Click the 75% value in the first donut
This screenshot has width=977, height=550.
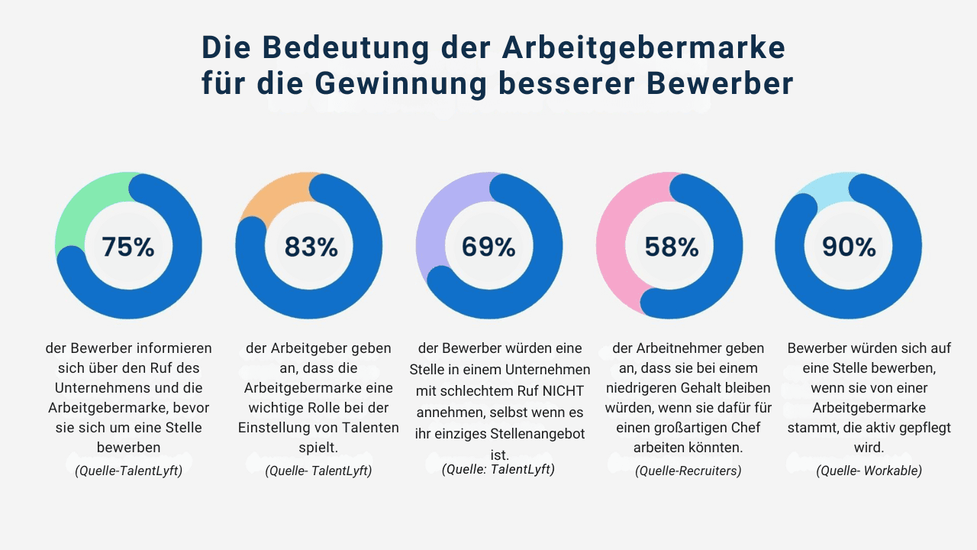pyautogui.click(x=128, y=247)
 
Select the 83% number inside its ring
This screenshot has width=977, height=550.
pyautogui.click(x=311, y=247)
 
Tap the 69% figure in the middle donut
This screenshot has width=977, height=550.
pyautogui.click(x=488, y=247)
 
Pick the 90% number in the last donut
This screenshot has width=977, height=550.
pyautogui.click(x=849, y=247)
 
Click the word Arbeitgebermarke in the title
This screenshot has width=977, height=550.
pyautogui.click(x=643, y=47)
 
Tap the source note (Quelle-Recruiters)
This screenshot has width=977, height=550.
pyautogui.click(x=688, y=471)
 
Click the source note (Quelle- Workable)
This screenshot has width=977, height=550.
pyautogui.click(x=869, y=471)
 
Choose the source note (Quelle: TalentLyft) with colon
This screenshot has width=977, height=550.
pyautogui.click(x=498, y=469)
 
